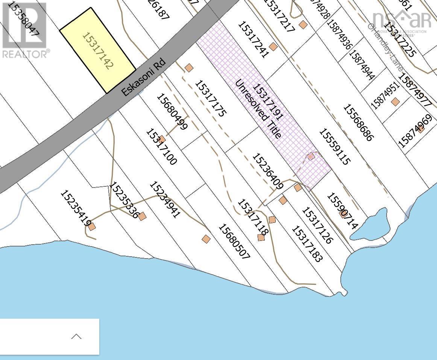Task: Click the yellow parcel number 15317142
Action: tap(97, 51)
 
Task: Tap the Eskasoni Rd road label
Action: tap(144, 79)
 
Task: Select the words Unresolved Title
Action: tap(258, 109)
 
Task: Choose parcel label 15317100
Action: tap(161, 147)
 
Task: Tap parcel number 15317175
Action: tap(211, 98)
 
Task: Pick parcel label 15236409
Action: tap(267, 171)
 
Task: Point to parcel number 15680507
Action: tap(234, 242)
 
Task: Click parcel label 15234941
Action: tap(165, 200)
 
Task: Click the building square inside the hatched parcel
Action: tap(311, 156)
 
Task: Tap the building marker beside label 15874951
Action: tap(395, 102)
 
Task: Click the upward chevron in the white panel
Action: tap(76, 336)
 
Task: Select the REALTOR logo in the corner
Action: tap(25, 30)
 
